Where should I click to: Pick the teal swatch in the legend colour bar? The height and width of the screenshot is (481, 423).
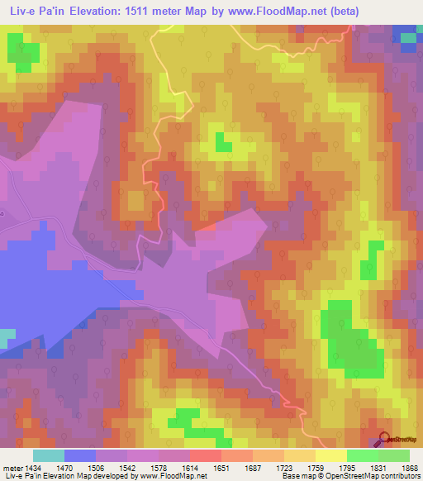click(x=48, y=455)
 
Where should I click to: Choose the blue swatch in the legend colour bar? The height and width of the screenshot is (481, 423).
click(x=80, y=455)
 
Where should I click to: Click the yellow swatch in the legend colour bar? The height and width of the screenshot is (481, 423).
click(x=330, y=455)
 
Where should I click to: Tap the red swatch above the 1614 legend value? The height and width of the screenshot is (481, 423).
click(x=204, y=455)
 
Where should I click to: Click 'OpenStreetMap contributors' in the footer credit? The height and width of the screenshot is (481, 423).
click(x=377, y=477)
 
